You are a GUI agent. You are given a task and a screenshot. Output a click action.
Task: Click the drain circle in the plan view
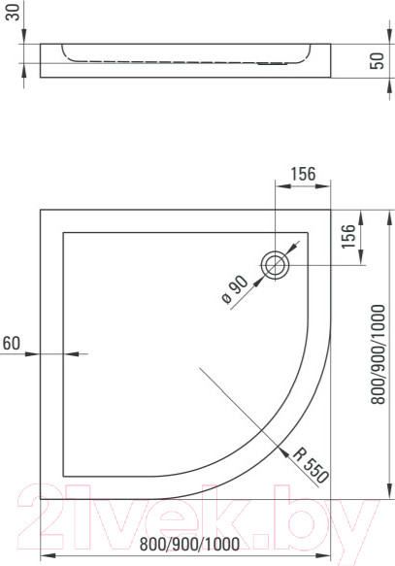277,265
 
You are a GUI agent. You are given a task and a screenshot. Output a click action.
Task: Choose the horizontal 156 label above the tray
303,175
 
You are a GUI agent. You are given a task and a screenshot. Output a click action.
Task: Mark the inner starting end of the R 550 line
198,368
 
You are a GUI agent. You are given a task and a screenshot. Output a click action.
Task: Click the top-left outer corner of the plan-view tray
41,209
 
